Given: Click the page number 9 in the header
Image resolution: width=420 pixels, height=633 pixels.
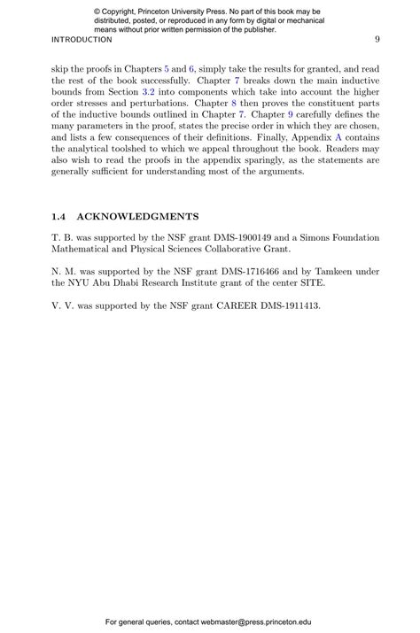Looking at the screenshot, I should pos(377,40).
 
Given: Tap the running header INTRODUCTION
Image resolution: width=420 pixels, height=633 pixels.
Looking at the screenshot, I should pos(82,40).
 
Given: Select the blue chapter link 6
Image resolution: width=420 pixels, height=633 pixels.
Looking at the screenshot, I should pos(191,68).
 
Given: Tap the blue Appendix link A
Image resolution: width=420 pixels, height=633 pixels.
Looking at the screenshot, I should pos(338,137).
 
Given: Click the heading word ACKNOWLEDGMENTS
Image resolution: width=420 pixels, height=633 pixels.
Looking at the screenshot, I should pos(137,216).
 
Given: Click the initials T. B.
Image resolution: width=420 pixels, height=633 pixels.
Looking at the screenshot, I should pos(61,237).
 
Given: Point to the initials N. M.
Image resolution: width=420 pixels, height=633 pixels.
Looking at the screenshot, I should pos(63,271).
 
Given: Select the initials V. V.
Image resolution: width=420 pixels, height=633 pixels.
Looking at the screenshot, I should pos(62,305).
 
